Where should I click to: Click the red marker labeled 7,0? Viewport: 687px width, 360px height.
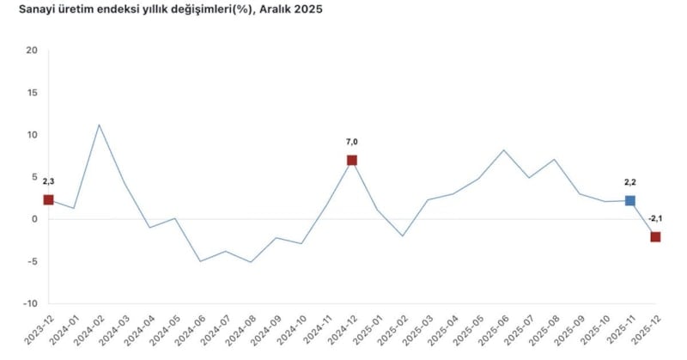pos(352,160)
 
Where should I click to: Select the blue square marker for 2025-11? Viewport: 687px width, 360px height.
pos(630,200)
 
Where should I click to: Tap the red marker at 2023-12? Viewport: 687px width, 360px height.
pos(48,199)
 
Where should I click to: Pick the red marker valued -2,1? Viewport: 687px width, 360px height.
pos(655,237)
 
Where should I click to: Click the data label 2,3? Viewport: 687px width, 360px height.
pos(48,181)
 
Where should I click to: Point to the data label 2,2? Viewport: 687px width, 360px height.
pos(630,182)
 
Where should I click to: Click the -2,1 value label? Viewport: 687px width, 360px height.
pos(656,218)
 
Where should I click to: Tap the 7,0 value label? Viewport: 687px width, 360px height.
pos(352,142)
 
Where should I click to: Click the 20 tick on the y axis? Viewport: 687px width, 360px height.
pos(33,50)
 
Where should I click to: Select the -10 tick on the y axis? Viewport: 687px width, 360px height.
pos(31,303)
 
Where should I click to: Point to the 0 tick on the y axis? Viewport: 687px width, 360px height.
pos(35,219)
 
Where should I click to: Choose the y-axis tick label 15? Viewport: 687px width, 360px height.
pos(33,92)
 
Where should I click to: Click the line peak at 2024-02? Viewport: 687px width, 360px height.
pos(99,125)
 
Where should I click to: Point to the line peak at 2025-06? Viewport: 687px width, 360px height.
pos(504,150)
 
